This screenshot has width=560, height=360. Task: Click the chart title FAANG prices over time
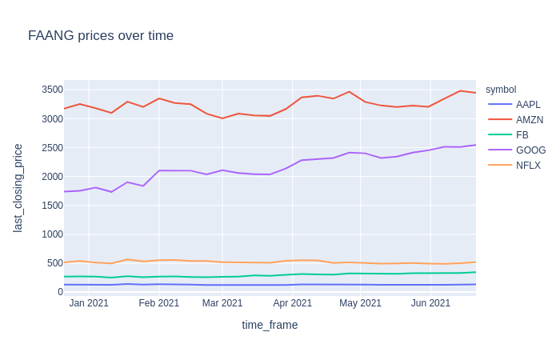(101, 36)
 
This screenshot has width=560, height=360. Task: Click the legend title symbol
(501, 90)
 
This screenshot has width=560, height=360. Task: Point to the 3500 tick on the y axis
(52, 90)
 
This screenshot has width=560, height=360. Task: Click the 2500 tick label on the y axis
(52, 148)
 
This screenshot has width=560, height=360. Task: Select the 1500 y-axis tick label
(52, 206)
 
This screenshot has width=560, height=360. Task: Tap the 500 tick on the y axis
(55, 263)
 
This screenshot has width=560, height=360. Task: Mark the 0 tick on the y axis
(60, 292)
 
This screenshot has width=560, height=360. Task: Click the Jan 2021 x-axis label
(89, 303)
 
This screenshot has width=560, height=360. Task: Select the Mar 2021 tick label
(222, 303)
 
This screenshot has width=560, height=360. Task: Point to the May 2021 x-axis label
(360, 303)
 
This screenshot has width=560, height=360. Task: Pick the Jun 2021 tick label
(430, 303)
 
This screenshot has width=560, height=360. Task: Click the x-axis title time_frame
(270, 325)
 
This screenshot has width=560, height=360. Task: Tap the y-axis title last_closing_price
(18, 188)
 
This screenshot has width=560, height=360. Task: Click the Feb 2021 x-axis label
(158, 303)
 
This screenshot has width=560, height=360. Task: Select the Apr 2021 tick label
(293, 303)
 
